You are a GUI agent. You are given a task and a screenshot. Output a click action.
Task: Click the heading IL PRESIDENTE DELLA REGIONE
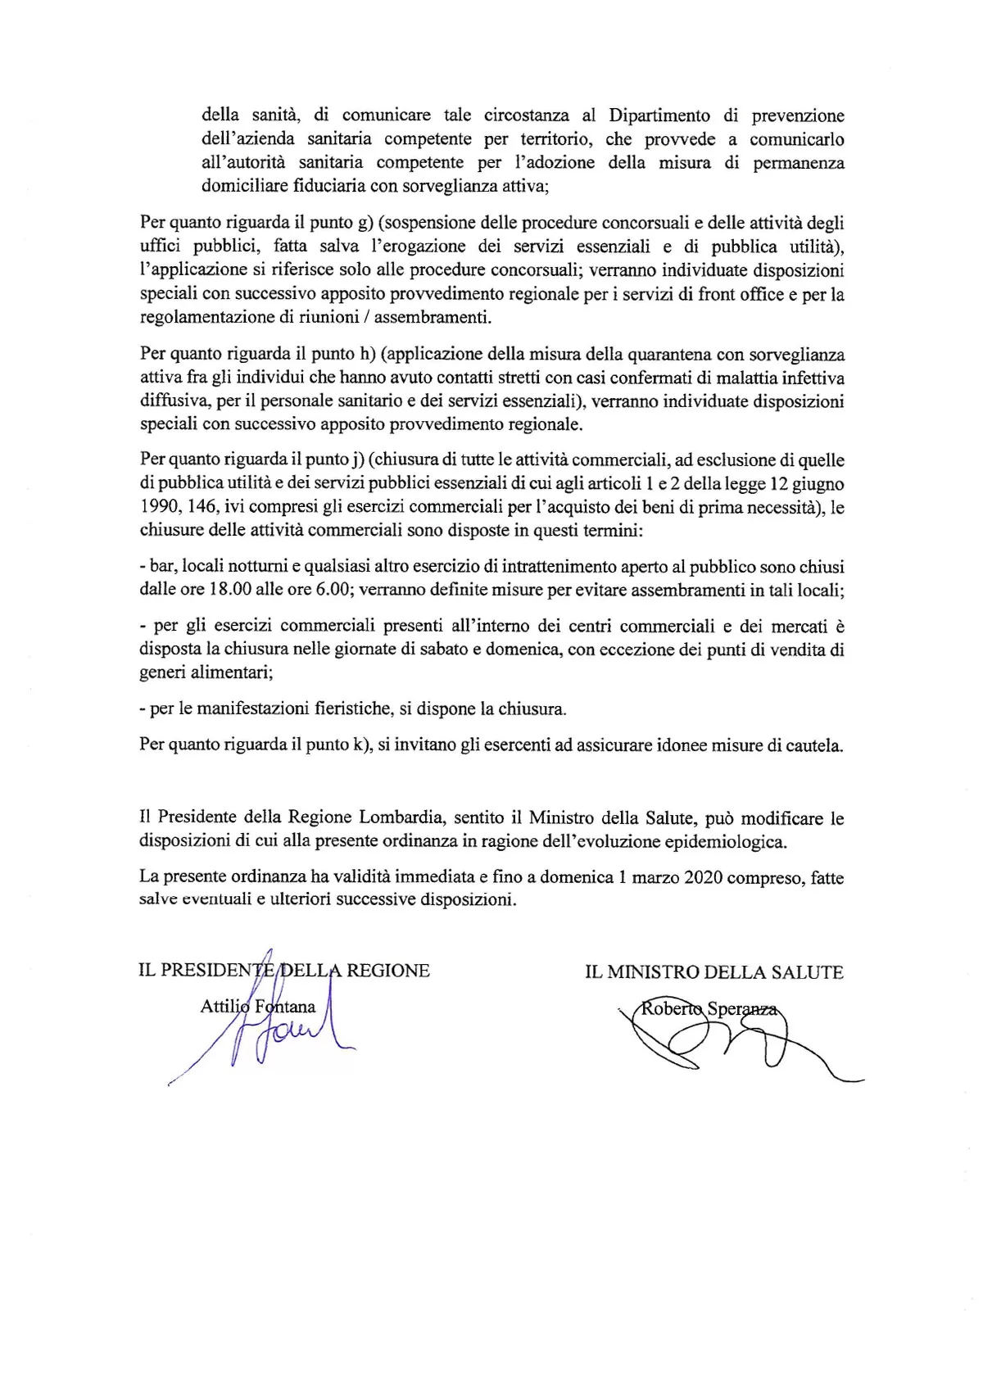tap(284, 971)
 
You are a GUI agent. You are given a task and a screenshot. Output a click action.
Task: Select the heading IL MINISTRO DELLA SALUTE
tap(713, 972)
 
